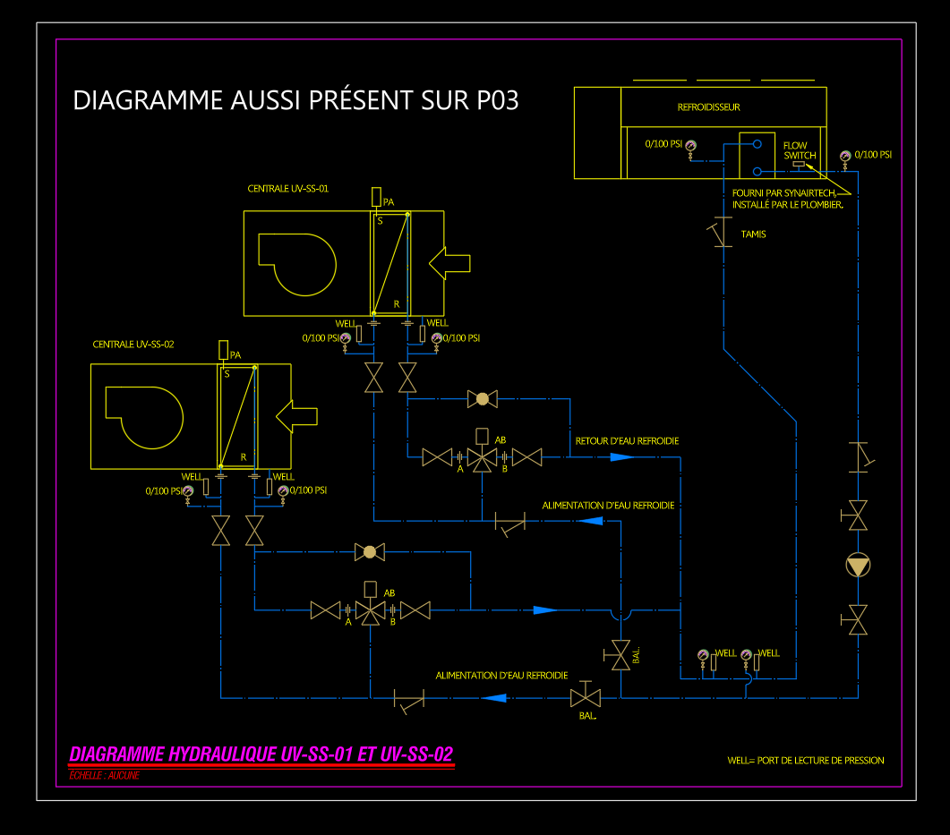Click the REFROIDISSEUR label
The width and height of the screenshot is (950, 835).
(708, 107)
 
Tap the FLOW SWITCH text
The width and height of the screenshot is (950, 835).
(796, 150)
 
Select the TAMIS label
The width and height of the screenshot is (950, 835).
(753, 234)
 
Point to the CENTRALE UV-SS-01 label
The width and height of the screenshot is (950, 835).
(288, 189)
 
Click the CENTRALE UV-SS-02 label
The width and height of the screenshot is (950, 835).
(133, 345)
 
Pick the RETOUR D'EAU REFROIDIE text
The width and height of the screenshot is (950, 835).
(627, 441)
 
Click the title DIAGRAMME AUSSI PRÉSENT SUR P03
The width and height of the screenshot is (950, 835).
(295, 99)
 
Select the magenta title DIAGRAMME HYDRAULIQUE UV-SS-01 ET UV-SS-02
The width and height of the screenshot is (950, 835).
(261, 754)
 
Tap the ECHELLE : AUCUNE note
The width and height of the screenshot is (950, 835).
(104, 775)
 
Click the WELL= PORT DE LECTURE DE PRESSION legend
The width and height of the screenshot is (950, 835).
(806, 761)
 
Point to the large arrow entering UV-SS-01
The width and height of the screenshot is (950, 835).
(449, 262)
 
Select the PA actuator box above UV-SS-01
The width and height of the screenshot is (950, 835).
(377, 196)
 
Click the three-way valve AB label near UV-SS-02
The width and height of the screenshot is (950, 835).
(389, 593)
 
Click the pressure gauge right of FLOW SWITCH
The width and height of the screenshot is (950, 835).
(844, 157)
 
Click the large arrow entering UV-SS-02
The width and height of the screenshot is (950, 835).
(295, 415)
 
